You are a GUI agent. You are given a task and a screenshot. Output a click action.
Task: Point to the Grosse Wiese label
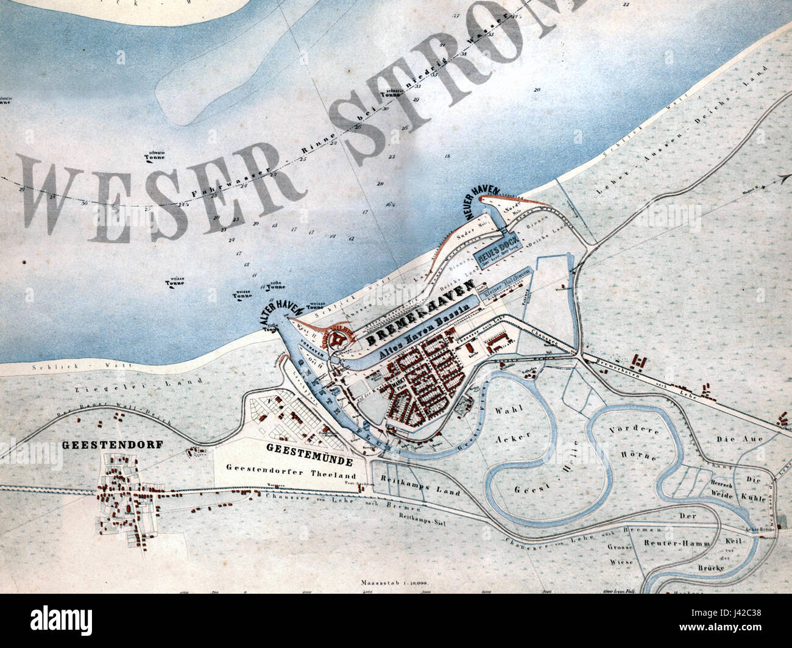pos(620,553)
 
